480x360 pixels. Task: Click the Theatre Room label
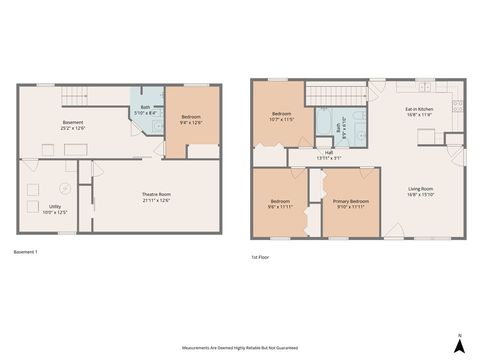pyautogui.click(x=156, y=198)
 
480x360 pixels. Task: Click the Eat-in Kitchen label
pyautogui.click(x=418, y=111)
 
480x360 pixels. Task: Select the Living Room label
pyautogui.click(x=419, y=191)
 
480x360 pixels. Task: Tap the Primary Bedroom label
pyautogui.click(x=351, y=204)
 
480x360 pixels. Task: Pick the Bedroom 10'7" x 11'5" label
pyautogui.click(x=282, y=117)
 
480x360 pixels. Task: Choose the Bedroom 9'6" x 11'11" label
pyautogui.click(x=281, y=205)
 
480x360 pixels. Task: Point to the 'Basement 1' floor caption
pyautogui.click(x=26, y=251)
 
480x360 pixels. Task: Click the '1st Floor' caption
pyautogui.click(x=262, y=257)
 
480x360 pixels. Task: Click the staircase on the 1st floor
pyautogui.click(x=336, y=93)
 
